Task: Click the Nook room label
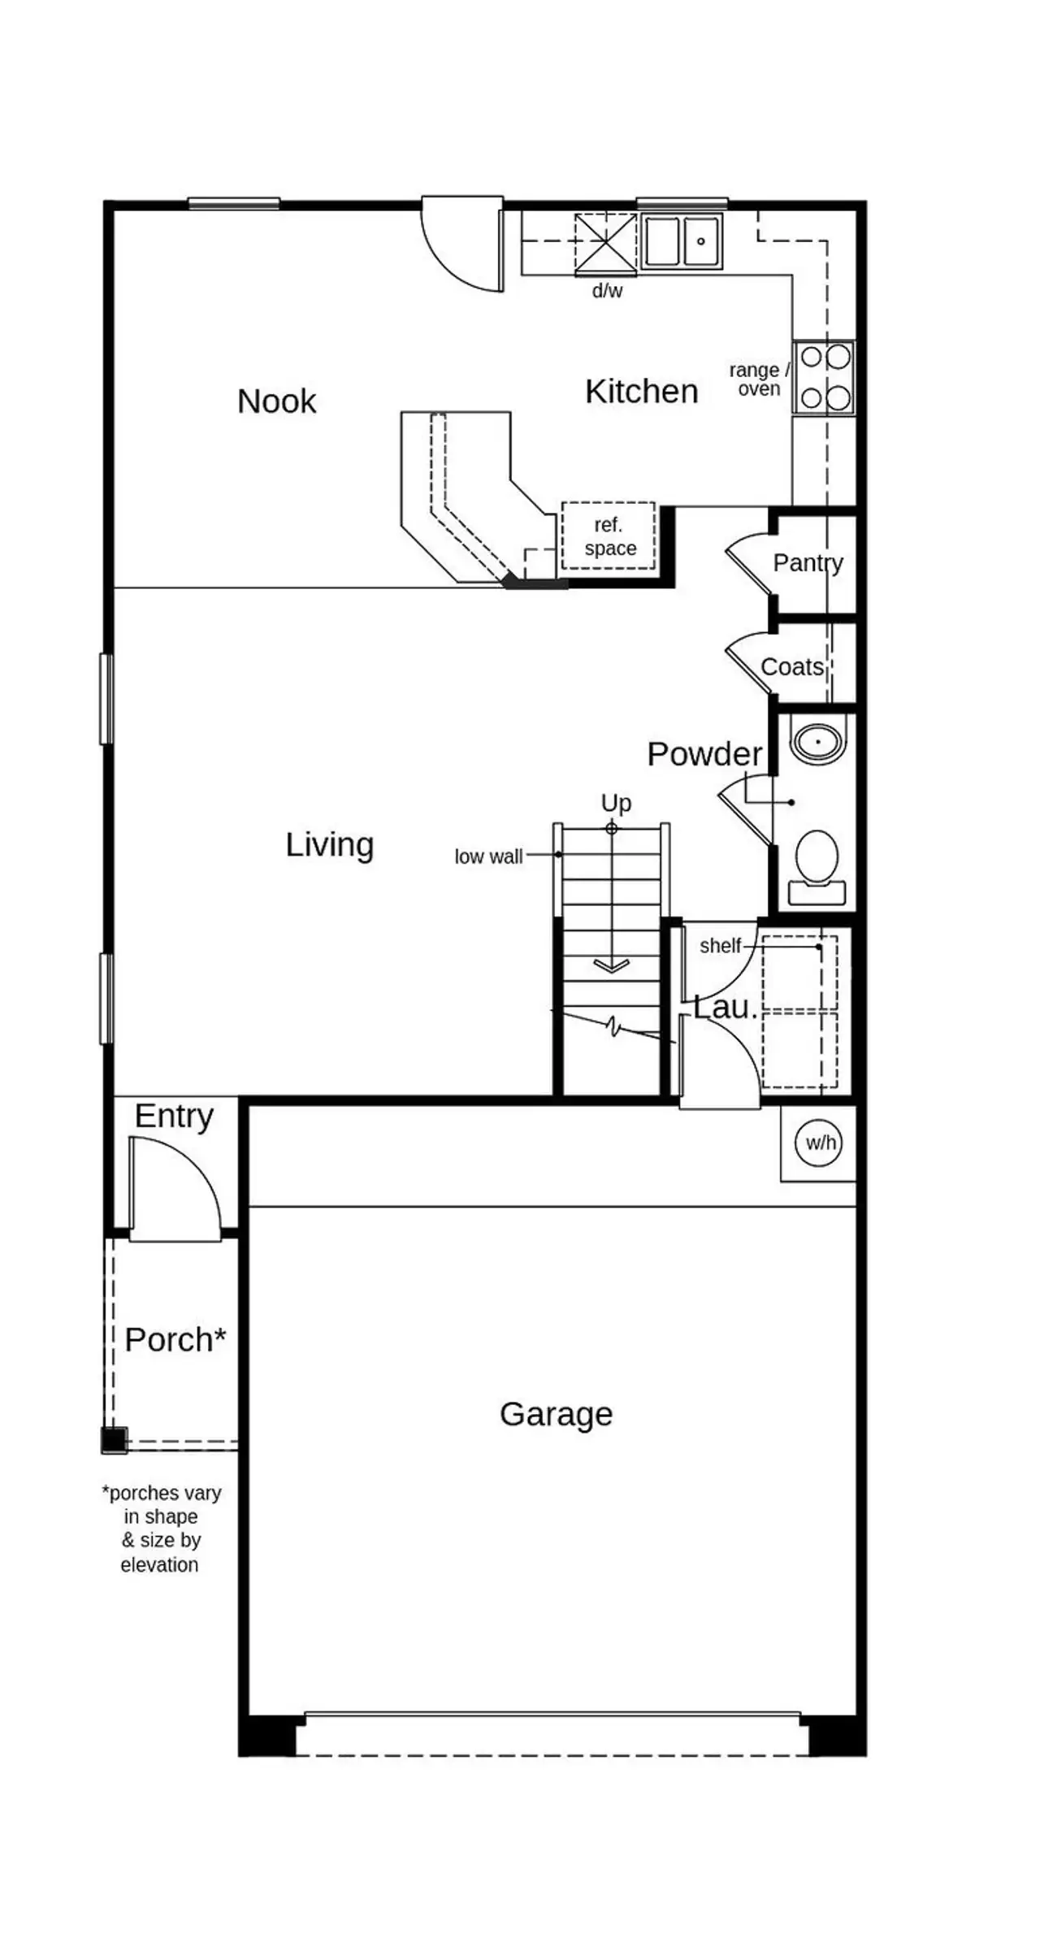pyautogui.click(x=276, y=401)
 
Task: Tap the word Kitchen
pyautogui.click(x=641, y=392)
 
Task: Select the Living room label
pyautogui.click(x=329, y=845)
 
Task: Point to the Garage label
pyautogui.click(x=556, y=1415)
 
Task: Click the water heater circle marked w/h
pyautogui.click(x=819, y=1143)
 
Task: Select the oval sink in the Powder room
pyautogui.click(x=818, y=741)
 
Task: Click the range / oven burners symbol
pyautogui.click(x=825, y=378)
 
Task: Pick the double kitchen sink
pyautogui.click(x=681, y=242)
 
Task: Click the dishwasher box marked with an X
pyautogui.click(x=605, y=242)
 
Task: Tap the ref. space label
pyautogui.click(x=609, y=536)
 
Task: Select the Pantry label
pyautogui.click(x=807, y=562)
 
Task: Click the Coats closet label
pyautogui.click(x=791, y=667)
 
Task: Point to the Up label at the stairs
pyautogui.click(x=616, y=803)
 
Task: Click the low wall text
pyautogui.click(x=488, y=857)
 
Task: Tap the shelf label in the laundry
pyautogui.click(x=720, y=946)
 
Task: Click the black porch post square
pyautogui.click(x=114, y=1440)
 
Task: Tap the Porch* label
pyautogui.click(x=175, y=1340)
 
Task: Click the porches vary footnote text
pyautogui.click(x=160, y=1529)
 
